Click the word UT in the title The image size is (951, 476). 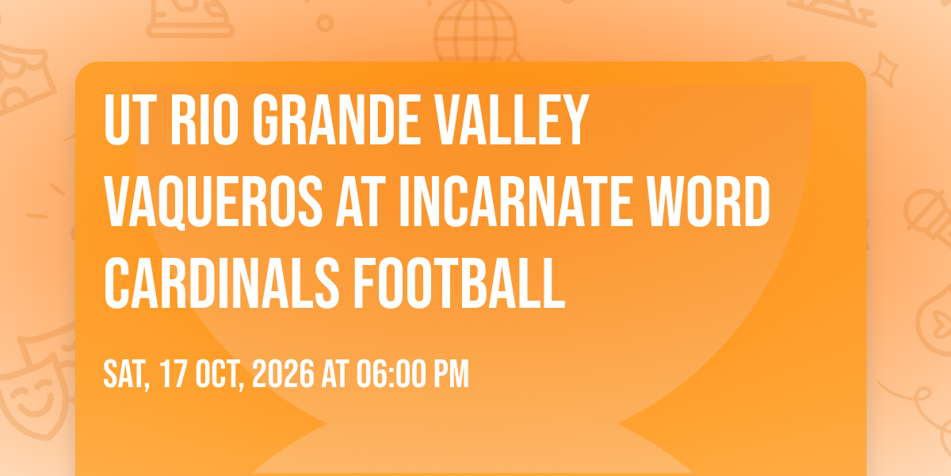pos(128,121)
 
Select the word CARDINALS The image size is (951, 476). pos(222,283)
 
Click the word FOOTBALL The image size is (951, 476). pos(460,283)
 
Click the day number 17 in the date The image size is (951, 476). pos(174,374)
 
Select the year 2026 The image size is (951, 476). pos(283,374)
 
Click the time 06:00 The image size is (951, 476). pos(391,374)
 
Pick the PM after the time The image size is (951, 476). pos(451,374)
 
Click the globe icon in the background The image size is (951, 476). pos(476,32)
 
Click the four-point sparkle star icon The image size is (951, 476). pos(884,70)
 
